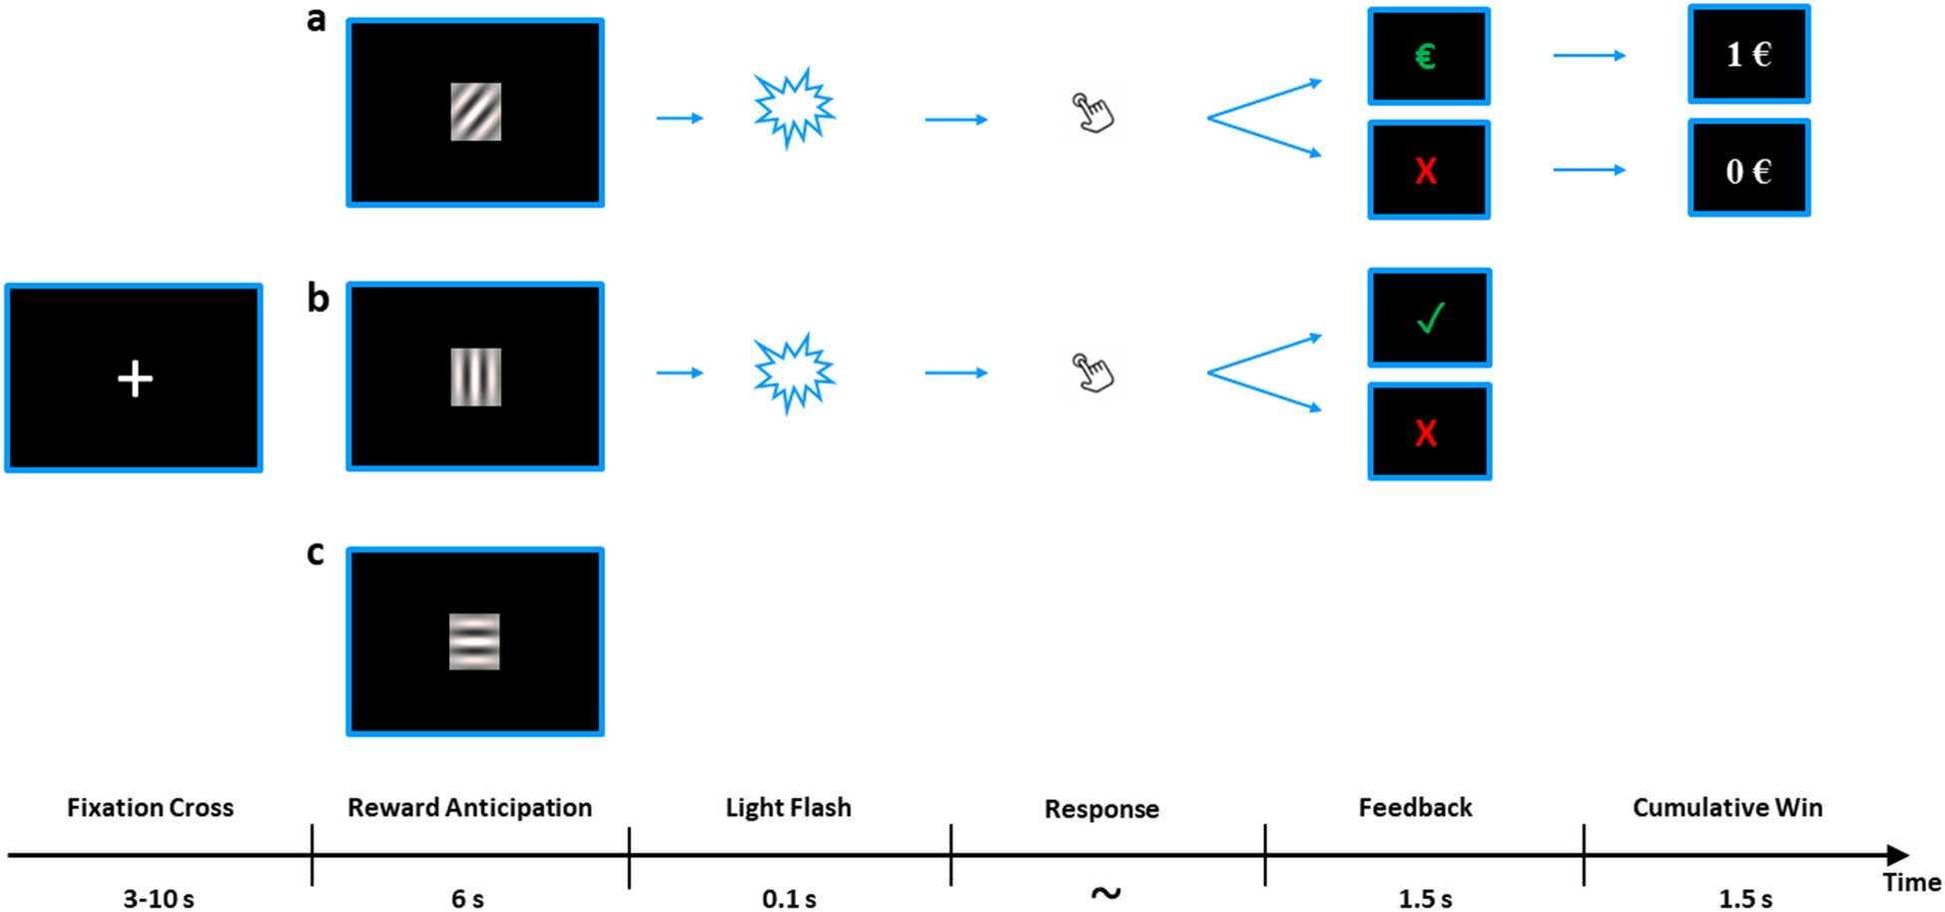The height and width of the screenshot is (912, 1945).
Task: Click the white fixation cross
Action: tap(135, 379)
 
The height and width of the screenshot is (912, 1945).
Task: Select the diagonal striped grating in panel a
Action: tap(475, 112)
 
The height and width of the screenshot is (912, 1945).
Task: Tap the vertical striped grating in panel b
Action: tap(475, 377)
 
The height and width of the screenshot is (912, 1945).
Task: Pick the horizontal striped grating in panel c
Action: tap(474, 641)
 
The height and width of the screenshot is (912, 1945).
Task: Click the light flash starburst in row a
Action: tap(794, 109)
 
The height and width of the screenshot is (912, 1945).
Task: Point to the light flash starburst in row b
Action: tap(794, 373)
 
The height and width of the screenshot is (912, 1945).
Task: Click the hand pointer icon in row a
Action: tap(1093, 113)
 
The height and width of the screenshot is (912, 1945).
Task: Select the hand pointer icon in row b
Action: tap(1093, 373)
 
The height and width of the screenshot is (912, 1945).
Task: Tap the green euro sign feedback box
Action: tap(1428, 56)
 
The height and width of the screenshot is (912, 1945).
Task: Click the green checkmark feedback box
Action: tap(1429, 318)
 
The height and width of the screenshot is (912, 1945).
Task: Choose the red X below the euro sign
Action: tap(1428, 171)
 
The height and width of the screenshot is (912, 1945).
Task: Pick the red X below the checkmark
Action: tap(1428, 433)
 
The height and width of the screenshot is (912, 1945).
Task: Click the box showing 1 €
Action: tap(1748, 54)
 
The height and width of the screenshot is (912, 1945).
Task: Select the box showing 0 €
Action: tap(1748, 169)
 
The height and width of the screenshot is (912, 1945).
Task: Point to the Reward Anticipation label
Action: tap(469, 807)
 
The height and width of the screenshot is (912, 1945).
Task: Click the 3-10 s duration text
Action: tap(158, 898)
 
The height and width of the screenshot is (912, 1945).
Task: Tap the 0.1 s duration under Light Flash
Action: tap(789, 898)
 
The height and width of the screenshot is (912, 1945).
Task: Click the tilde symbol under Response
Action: tap(1104, 892)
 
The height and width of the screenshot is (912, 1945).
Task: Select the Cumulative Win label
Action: tap(1727, 807)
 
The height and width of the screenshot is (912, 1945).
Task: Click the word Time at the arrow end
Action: tap(1911, 882)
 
